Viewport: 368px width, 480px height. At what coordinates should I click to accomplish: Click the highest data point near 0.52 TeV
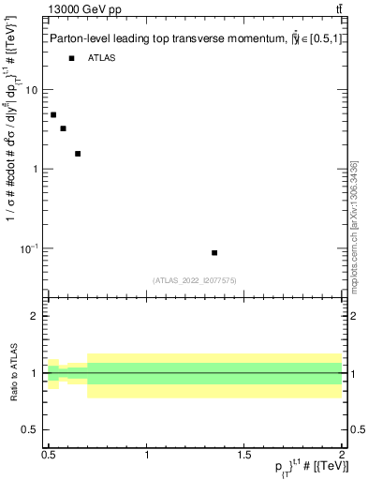[53, 114]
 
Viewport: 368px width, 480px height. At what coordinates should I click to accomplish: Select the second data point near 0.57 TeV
[63, 128]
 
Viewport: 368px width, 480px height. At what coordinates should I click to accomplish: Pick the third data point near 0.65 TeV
[78, 154]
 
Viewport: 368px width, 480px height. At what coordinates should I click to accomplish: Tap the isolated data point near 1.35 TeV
[214, 253]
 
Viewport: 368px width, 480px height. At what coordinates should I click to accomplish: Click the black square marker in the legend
[71, 59]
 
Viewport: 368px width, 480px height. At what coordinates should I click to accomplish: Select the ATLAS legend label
[102, 59]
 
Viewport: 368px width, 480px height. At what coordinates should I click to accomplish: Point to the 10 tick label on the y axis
[32, 90]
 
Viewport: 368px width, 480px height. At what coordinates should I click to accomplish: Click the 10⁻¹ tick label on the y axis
[29, 247]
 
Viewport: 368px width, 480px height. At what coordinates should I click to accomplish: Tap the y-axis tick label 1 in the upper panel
[36, 170]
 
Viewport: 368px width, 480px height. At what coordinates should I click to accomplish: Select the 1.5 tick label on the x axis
[245, 455]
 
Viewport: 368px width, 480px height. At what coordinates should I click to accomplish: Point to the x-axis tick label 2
[342, 455]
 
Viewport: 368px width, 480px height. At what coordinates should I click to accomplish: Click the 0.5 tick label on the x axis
[49, 455]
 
